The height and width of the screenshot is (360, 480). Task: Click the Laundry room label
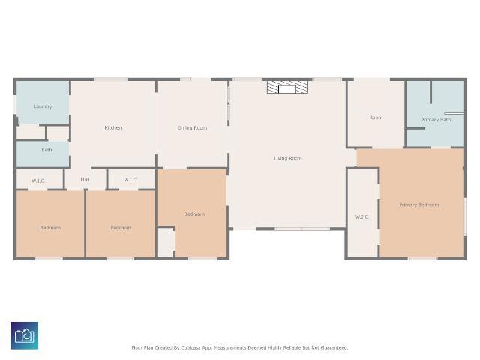(x=43, y=106)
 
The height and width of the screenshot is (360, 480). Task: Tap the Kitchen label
(x=113, y=128)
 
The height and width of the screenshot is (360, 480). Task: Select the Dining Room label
(x=192, y=128)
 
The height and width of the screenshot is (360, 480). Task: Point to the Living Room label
(x=288, y=158)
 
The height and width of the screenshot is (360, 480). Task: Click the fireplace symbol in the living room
(x=287, y=87)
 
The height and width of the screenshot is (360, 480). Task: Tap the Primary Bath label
(x=436, y=120)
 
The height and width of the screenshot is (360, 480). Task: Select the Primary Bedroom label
(x=418, y=205)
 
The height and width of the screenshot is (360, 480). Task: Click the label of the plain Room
(x=376, y=118)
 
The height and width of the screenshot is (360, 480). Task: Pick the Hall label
(x=85, y=180)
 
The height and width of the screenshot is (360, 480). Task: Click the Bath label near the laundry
(x=46, y=150)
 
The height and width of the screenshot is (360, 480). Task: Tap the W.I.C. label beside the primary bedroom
(x=362, y=217)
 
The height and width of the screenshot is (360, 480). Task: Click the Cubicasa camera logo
(x=25, y=335)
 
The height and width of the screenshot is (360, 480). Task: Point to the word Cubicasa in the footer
(x=191, y=348)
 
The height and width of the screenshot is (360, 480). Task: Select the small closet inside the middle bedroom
(x=165, y=242)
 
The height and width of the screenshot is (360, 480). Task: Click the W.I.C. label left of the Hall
(x=38, y=181)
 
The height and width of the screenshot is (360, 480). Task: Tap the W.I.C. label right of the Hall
(x=131, y=180)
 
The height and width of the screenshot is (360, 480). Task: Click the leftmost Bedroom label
(x=50, y=228)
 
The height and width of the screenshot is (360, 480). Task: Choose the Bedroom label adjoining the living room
(x=194, y=214)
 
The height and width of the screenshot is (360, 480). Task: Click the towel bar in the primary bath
(x=454, y=113)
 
